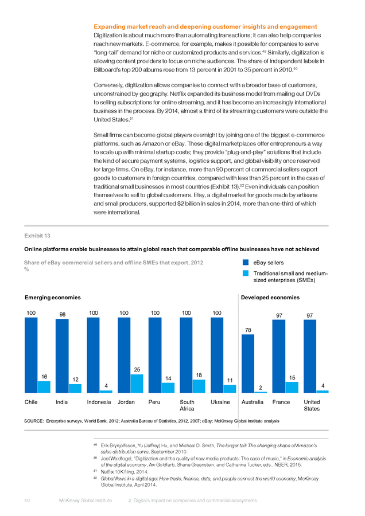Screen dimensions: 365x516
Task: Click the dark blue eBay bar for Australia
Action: (248, 363)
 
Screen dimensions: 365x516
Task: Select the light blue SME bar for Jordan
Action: (137, 384)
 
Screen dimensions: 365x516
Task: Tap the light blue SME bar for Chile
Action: (44, 387)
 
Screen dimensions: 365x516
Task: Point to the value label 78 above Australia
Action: (248, 330)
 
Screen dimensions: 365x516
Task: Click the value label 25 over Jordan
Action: (137, 370)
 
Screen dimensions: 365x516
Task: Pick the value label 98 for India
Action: (62, 314)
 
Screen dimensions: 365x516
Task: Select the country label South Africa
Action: (187, 405)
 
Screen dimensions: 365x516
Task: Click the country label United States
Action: (312, 405)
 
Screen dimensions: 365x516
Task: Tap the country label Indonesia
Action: (99, 402)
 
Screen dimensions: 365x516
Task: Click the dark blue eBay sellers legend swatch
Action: (246, 262)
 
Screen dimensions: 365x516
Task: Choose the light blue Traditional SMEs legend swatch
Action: (246, 273)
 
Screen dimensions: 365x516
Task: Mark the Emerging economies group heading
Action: (53, 298)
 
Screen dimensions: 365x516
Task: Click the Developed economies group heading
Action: (270, 298)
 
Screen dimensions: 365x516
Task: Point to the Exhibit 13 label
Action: (37, 236)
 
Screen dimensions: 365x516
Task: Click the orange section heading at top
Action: (205, 26)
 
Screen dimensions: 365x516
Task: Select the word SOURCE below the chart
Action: (34, 421)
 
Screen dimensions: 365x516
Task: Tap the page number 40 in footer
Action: (27, 501)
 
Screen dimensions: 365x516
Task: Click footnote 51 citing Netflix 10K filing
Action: (121, 472)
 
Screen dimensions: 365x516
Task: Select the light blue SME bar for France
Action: (292, 388)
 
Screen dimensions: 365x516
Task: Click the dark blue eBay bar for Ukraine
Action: (217, 355)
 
